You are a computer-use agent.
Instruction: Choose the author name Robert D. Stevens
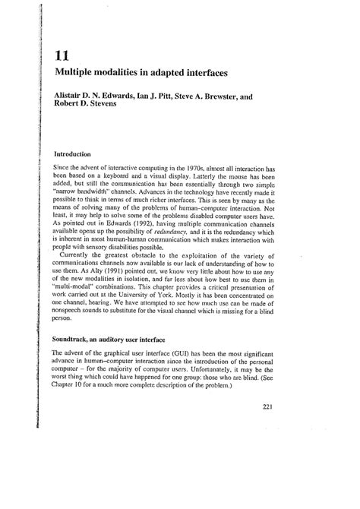(x=87, y=108)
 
